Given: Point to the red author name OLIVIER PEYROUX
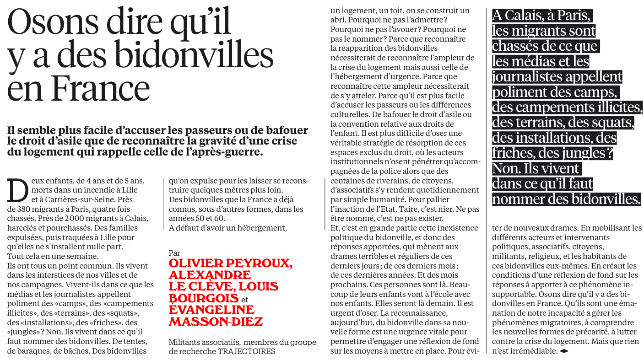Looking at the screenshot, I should [230, 263].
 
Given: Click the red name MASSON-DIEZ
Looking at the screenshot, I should [216, 321].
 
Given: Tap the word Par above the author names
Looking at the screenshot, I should [174, 253].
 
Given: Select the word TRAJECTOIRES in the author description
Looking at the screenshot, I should [247, 351].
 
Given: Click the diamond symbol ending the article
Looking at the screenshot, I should [564, 351].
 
